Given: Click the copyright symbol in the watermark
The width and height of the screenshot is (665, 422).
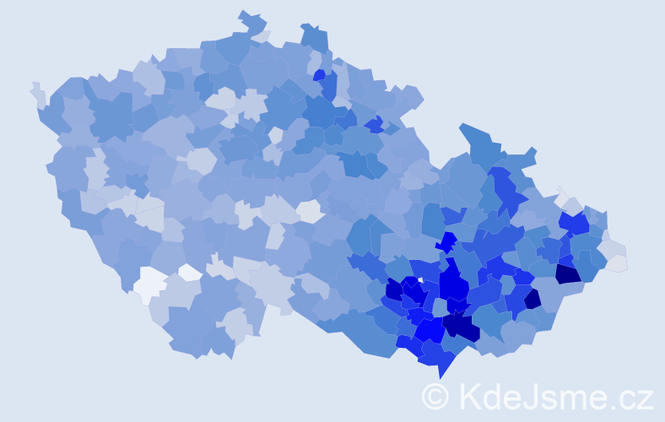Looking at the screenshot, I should (435, 395).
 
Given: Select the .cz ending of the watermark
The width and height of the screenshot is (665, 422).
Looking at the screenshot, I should (633, 397).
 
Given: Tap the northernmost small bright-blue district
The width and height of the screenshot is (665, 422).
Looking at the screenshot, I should (319, 75).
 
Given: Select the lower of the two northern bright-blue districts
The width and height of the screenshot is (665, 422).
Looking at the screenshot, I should (374, 125).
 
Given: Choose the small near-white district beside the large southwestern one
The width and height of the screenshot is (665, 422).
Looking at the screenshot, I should (190, 272).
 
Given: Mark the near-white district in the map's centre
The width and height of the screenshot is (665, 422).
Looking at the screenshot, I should (309, 211).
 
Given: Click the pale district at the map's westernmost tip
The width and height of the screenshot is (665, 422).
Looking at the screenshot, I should (38, 93).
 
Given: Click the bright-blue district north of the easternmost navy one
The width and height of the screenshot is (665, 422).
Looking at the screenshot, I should (573, 223).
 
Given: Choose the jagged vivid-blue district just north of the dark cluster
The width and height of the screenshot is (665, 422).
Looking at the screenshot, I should (446, 243).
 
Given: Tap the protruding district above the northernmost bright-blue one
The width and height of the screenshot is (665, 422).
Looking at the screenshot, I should (314, 37).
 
